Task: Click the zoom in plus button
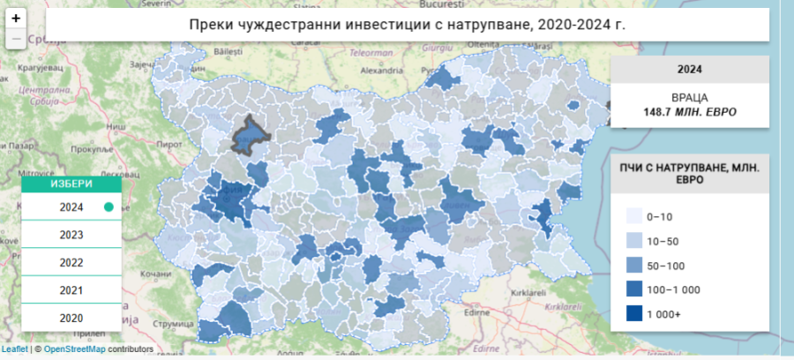point(16,18)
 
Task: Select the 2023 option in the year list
point(71,235)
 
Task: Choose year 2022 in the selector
point(71,262)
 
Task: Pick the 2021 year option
point(71,290)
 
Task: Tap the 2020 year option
point(71,318)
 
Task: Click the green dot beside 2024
point(109,207)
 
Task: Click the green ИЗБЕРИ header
point(69,184)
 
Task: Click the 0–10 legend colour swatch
point(633,216)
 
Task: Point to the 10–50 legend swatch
point(633,241)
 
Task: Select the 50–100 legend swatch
point(633,266)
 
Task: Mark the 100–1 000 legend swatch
point(633,289)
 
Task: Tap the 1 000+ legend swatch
point(633,314)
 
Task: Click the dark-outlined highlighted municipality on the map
point(248,134)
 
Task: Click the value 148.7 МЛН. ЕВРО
point(689,113)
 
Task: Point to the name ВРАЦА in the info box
point(689,97)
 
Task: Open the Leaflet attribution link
point(15,349)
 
